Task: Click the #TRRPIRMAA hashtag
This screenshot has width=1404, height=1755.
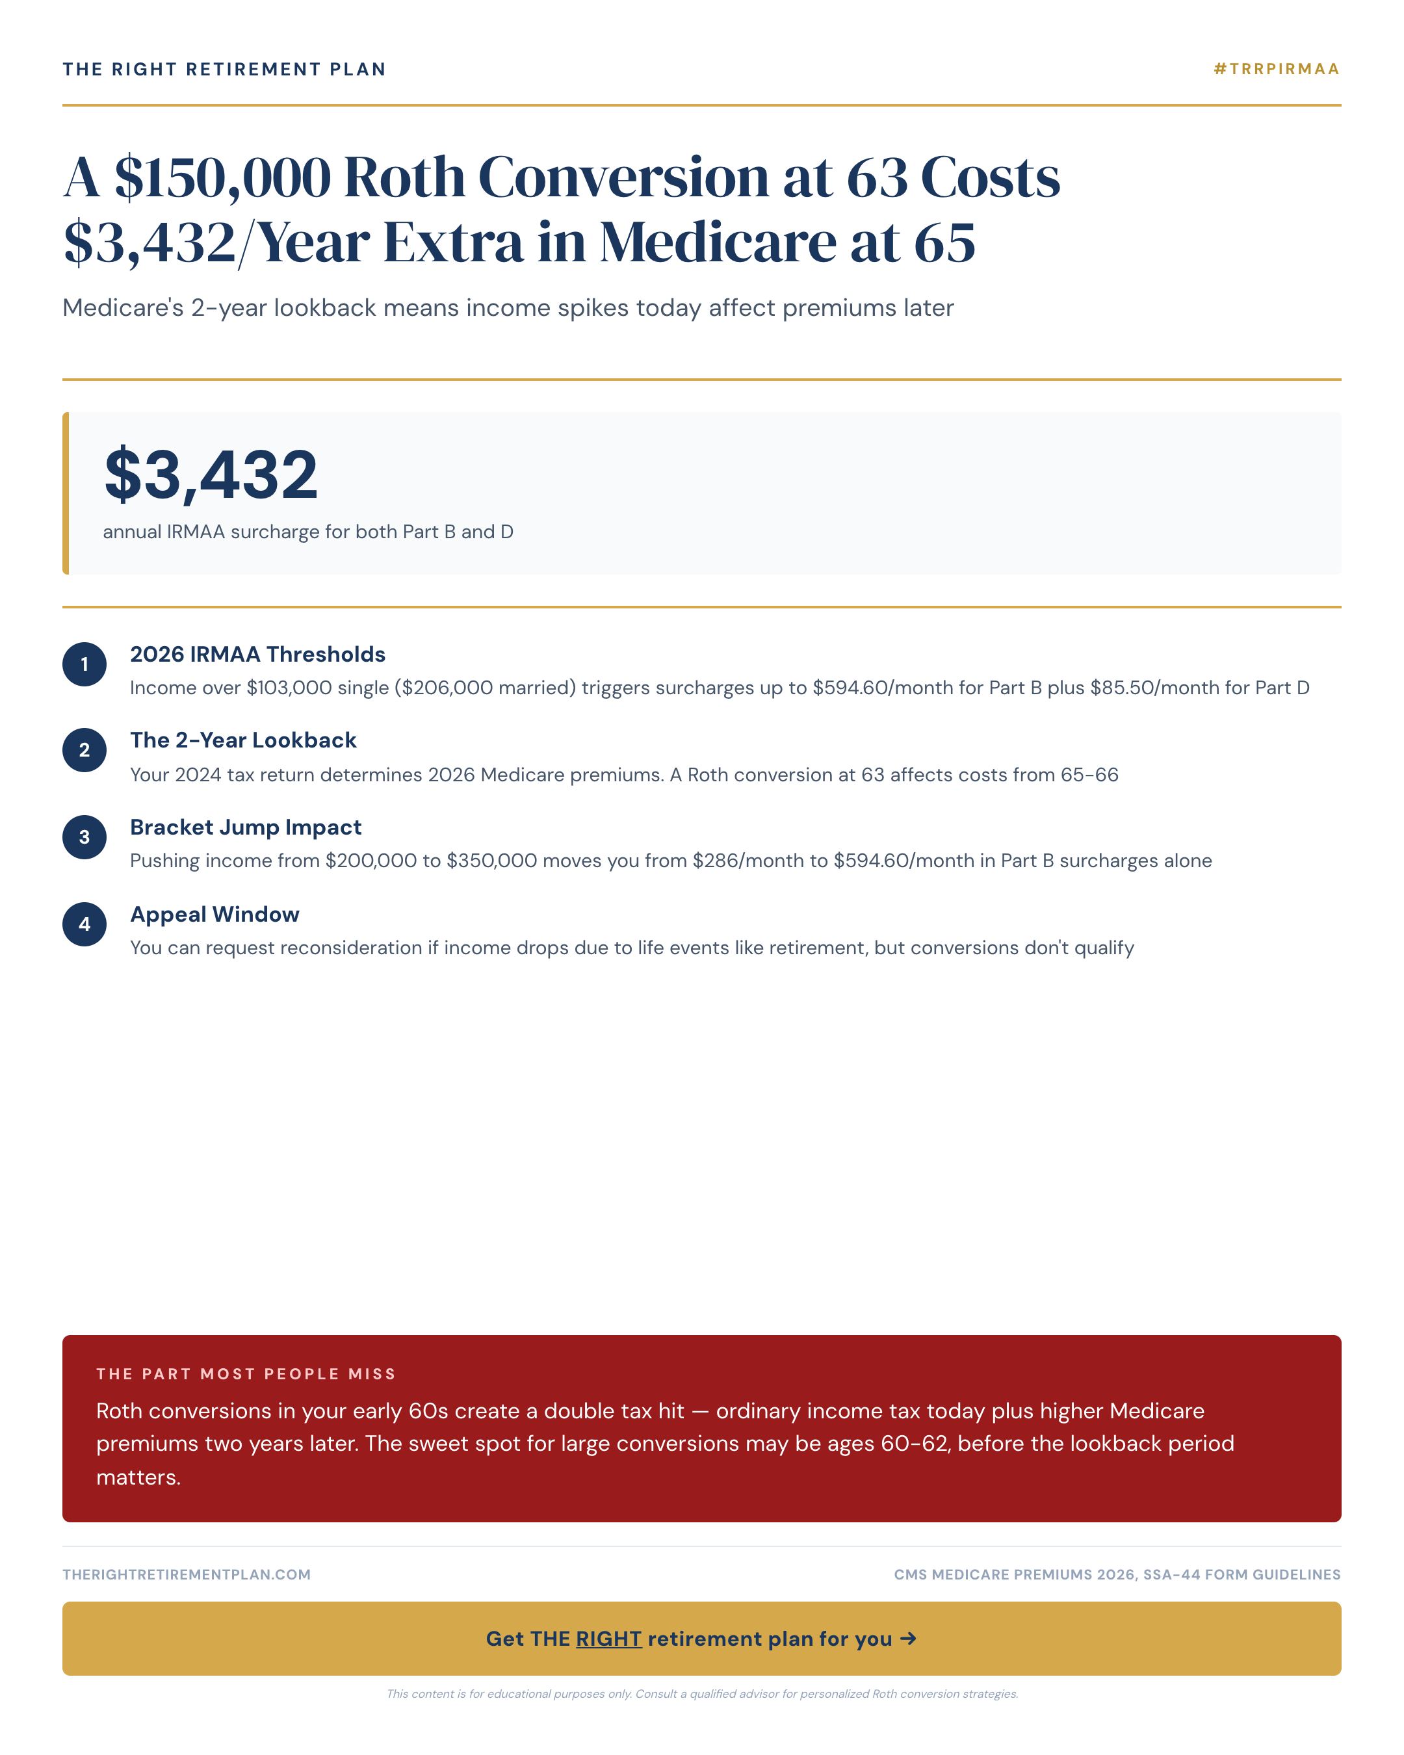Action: click(1276, 69)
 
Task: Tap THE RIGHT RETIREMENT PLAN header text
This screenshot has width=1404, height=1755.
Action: click(224, 69)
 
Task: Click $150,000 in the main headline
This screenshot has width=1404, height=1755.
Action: click(222, 177)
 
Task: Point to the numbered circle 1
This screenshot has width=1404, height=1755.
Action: click(84, 664)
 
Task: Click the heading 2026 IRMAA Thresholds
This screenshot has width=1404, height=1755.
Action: click(257, 655)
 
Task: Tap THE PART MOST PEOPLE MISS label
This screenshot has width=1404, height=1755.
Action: click(246, 1374)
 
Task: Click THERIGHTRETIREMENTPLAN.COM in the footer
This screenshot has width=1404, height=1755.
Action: click(187, 1574)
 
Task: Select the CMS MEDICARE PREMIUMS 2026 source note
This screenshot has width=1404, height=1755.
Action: click(1117, 1574)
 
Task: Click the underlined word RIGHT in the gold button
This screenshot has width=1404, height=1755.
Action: click(609, 1639)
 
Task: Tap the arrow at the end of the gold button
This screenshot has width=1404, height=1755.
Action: click(908, 1639)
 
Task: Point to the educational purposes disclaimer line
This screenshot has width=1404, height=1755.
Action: click(701, 1694)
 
